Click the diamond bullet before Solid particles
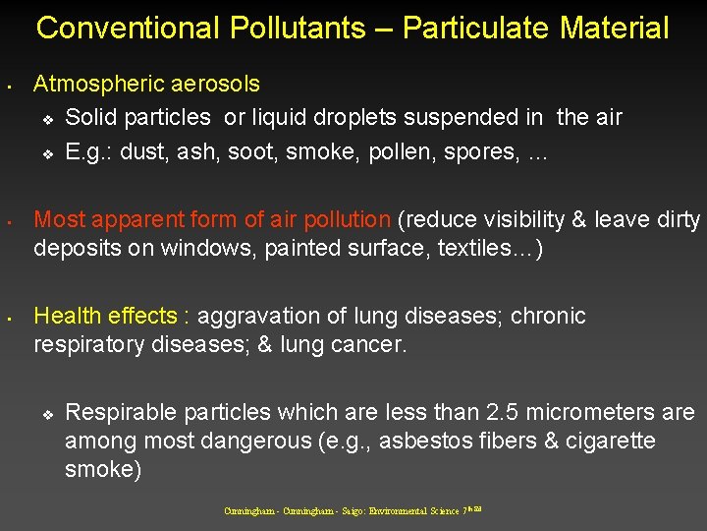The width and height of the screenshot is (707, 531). pos(46,120)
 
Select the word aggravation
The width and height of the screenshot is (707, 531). pos(253,317)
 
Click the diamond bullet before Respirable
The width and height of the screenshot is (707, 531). pos(46,414)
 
